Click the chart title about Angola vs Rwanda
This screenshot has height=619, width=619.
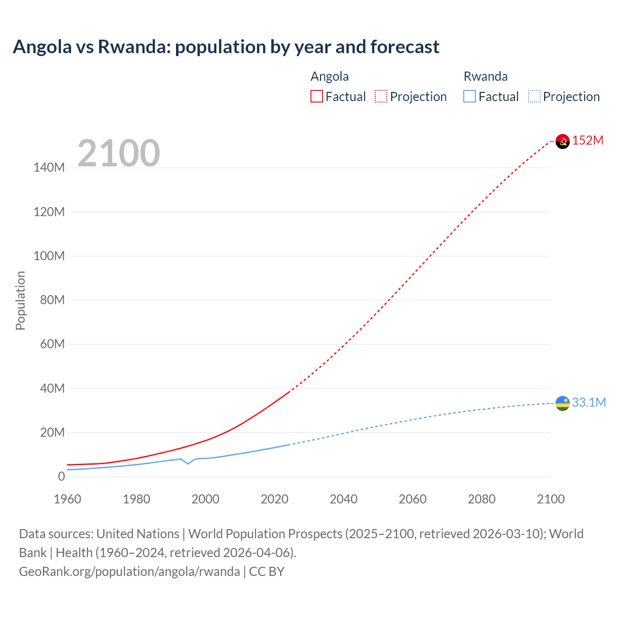pyautogui.click(x=226, y=47)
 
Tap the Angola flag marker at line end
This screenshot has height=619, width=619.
pyautogui.click(x=562, y=141)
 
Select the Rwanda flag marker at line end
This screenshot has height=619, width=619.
pyautogui.click(x=562, y=403)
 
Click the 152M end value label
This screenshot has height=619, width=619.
pyautogui.click(x=588, y=141)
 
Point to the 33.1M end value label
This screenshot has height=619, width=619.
pyautogui.click(x=589, y=403)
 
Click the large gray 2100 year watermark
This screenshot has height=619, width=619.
pyautogui.click(x=118, y=153)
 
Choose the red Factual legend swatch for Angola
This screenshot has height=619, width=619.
pyautogui.click(x=317, y=97)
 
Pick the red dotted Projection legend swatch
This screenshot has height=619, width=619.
pyautogui.click(x=381, y=97)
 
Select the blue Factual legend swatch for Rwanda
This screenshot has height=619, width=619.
pyautogui.click(x=470, y=97)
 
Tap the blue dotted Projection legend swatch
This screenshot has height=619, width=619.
pyautogui.click(x=534, y=97)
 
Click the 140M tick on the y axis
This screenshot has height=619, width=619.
pyautogui.click(x=49, y=168)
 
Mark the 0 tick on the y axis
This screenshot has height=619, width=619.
pyautogui.click(x=61, y=477)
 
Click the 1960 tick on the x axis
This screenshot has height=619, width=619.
pyautogui.click(x=67, y=499)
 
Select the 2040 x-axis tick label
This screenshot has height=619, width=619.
pyautogui.click(x=343, y=499)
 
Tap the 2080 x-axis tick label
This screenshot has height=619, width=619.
pyautogui.click(x=482, y=499)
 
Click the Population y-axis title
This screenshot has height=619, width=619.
pyautogui.click(x=20, y=300)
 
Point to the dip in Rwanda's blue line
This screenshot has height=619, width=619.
pyautogui.click(x=188, y=463)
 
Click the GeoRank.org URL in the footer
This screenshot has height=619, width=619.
pyautogui.click(x=129, y=572)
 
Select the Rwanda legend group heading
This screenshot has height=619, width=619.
pyautogui.click(x=486, y=76)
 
